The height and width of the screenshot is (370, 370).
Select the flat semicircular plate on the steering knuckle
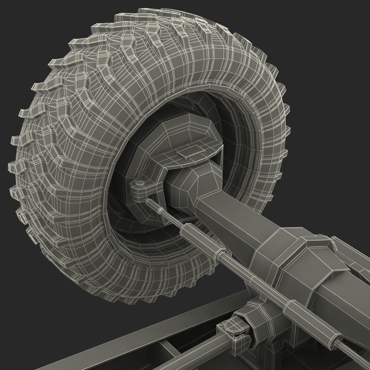197,147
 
